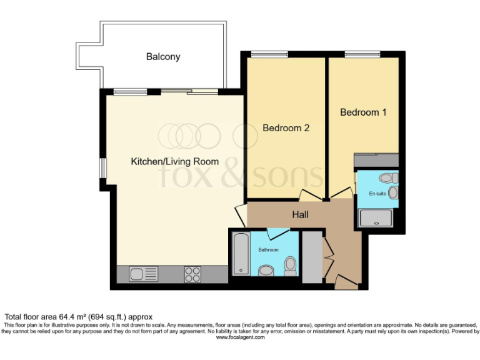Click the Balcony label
click(x=163, y=57)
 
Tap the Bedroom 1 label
click(x=363, y=112)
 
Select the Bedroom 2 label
click(x=286, y=128)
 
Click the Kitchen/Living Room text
click(x=174, y=162)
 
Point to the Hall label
click(x=301, y=215)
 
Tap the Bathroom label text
click(x=268, y=250)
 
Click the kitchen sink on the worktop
click(x=143, y=274)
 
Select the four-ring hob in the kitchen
click(x=192, y=274)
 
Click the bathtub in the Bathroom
click(x=241, y=254)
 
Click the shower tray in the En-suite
click(x=375, y=218)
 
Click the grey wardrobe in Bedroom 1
click(x=376, y=161)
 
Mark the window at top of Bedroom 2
click(x=269, y=54)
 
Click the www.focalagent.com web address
click(x=240, y=337)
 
